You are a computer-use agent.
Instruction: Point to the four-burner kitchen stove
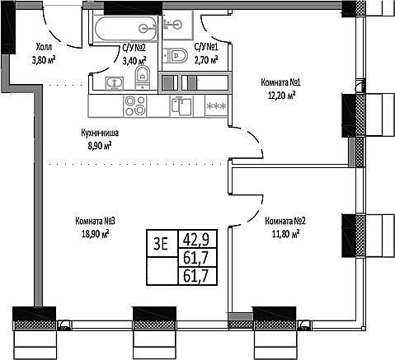(135, 105)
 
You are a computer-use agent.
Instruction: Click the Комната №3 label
(94, 221)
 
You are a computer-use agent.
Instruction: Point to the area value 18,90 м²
(94, 233)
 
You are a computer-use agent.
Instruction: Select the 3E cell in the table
(161, 242)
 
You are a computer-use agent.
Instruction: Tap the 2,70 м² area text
(205, 59)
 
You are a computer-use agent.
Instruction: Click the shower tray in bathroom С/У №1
(176, 26)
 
